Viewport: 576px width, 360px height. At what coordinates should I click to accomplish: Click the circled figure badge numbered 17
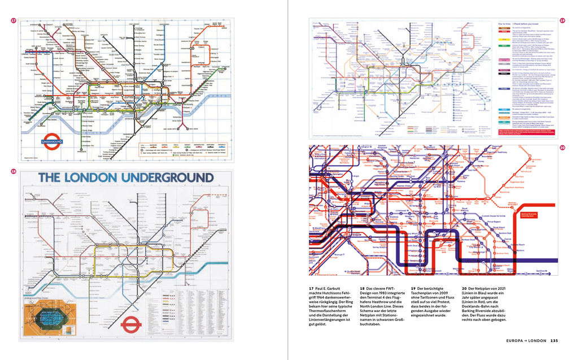14,21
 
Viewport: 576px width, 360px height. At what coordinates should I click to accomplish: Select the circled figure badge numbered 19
562,21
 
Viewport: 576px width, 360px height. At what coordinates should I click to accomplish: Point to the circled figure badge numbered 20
562,148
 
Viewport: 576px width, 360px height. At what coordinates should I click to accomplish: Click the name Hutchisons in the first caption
337,293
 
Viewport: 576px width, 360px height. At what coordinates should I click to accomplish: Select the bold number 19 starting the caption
413,288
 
